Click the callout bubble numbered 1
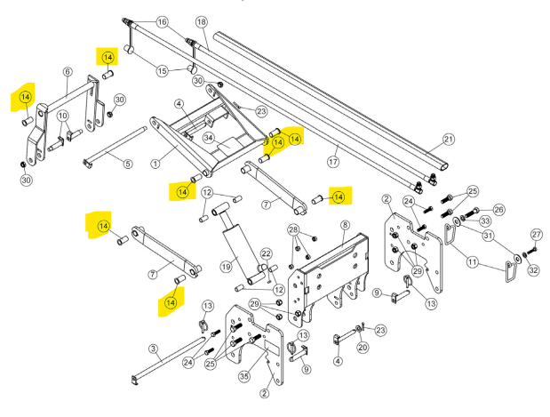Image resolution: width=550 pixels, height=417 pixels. (x=155, y=163)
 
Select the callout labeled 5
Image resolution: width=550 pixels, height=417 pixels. (x=127, y=164)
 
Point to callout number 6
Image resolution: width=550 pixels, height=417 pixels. (x=68, y=72)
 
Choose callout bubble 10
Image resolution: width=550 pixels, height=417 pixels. (x=62, y=116)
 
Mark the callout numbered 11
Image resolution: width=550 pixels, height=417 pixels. (x=472, y=262)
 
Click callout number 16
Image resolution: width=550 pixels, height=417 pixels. (x=162, y=21)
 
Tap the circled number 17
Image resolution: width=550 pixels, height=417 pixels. (x=333, y=162)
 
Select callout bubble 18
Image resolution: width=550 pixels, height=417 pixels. (x=201, y=21)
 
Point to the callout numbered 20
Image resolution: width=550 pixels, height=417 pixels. (x=363, y=348)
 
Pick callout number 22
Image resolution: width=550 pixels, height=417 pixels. (x=266, y=253)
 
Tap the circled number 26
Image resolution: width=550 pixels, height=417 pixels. (x=498, y=210)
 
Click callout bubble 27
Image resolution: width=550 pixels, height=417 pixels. (x=536, y=234)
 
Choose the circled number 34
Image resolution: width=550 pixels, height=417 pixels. (x=209, y=137)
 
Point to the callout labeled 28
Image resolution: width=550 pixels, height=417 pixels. (x=293, y=230)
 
